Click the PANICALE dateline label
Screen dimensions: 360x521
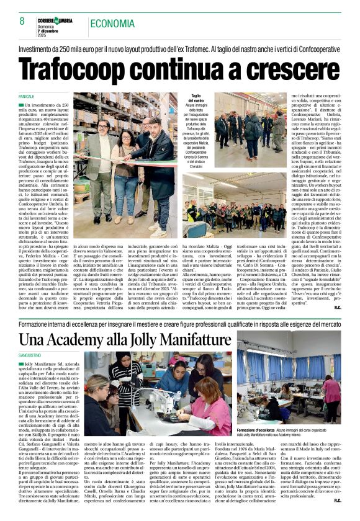click(x=26, y=98)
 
